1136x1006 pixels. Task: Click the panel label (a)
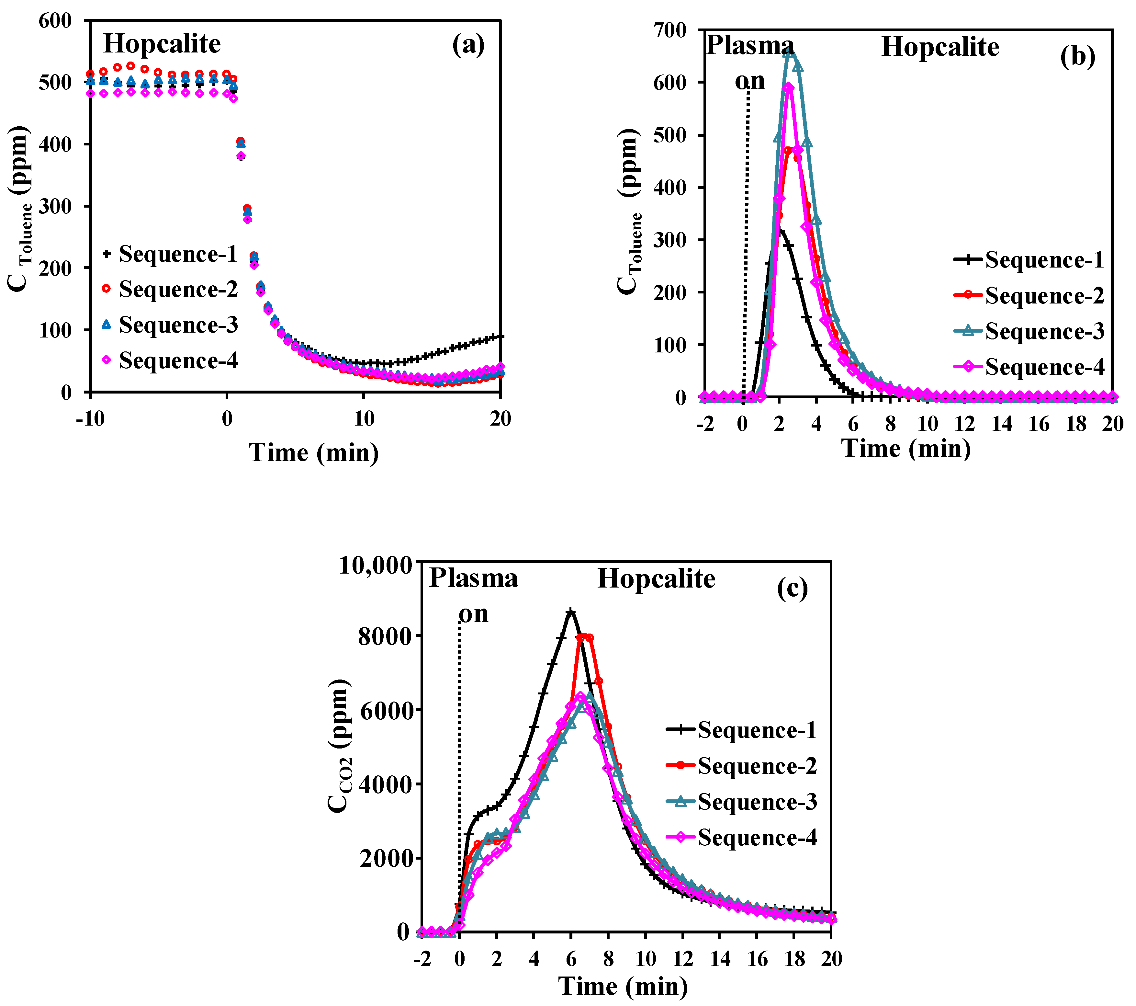468,44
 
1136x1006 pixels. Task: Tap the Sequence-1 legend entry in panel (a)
170,254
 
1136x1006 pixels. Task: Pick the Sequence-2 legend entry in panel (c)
742,766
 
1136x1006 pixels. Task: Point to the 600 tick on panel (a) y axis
56,21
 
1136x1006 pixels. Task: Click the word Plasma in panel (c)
474,579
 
